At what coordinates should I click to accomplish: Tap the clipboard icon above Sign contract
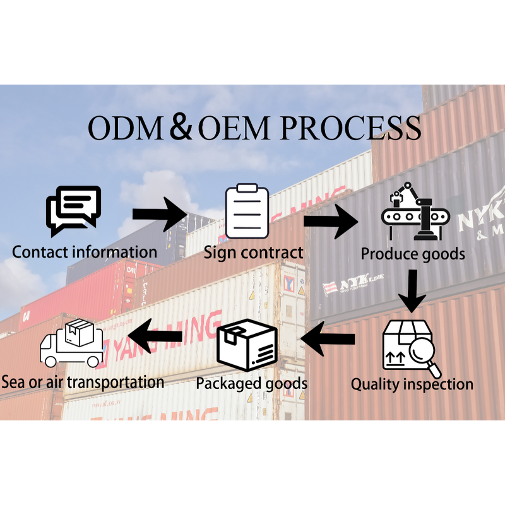click(x=247, y=212)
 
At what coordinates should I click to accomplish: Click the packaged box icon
click(x=247, y=347)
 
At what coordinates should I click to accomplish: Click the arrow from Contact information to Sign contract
click(x=160, y=214)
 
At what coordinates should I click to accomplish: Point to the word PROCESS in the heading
click(x=350, y=128)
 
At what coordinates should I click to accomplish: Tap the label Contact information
click(x=85, y=252)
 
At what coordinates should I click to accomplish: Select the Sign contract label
click(x=253, y=253)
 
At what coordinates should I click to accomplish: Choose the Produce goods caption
click(x=413, y=254)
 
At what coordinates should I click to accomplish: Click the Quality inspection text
click(x=412, y=384)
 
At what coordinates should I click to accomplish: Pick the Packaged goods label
click(x=251, y=383)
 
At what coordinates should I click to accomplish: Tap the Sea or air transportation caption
click(x=83, y=381)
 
